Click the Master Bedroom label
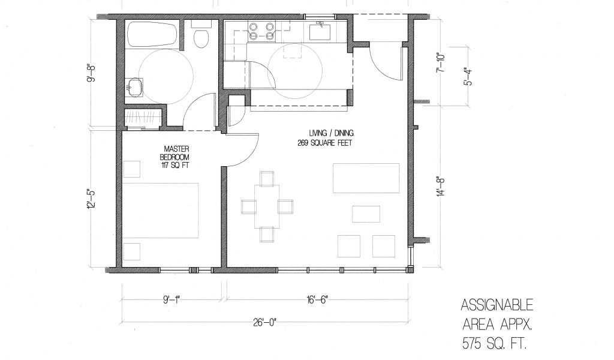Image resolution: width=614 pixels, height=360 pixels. pos(176,153)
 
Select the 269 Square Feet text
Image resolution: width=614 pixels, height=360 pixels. pos(325,143)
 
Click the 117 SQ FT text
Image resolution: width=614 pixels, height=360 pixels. pos(175,166)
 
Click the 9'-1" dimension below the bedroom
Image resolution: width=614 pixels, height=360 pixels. pos(171,300)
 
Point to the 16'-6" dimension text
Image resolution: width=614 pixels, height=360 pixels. pos(317,300)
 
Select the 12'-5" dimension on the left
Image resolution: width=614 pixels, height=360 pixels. pos(91,199)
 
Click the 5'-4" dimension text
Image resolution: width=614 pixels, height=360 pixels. pos(468,76)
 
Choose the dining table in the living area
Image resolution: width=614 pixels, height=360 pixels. pos(267,206)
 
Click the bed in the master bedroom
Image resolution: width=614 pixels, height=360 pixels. pos(161,211)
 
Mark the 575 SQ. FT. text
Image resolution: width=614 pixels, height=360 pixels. pos(494,344)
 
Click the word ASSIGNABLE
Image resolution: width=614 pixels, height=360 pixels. pos(497,305)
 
